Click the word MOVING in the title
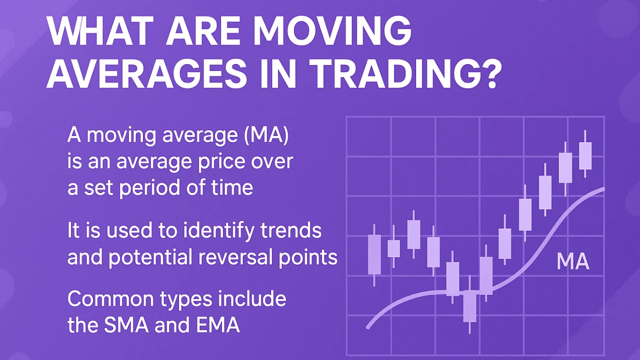pyautogui.click(x=333, y=31)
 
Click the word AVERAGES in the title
pyautogui.click(x=146, y=74)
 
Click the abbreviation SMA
pyautogui.click(x=126, y=325)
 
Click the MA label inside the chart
pyautogui.click(x=573, y=261)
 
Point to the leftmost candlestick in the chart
pyautogui.click(x=374, y=255)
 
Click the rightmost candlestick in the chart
pyautogui.click(x=585, y=154)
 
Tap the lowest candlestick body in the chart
pyautogui.click(x=469, y=306)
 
